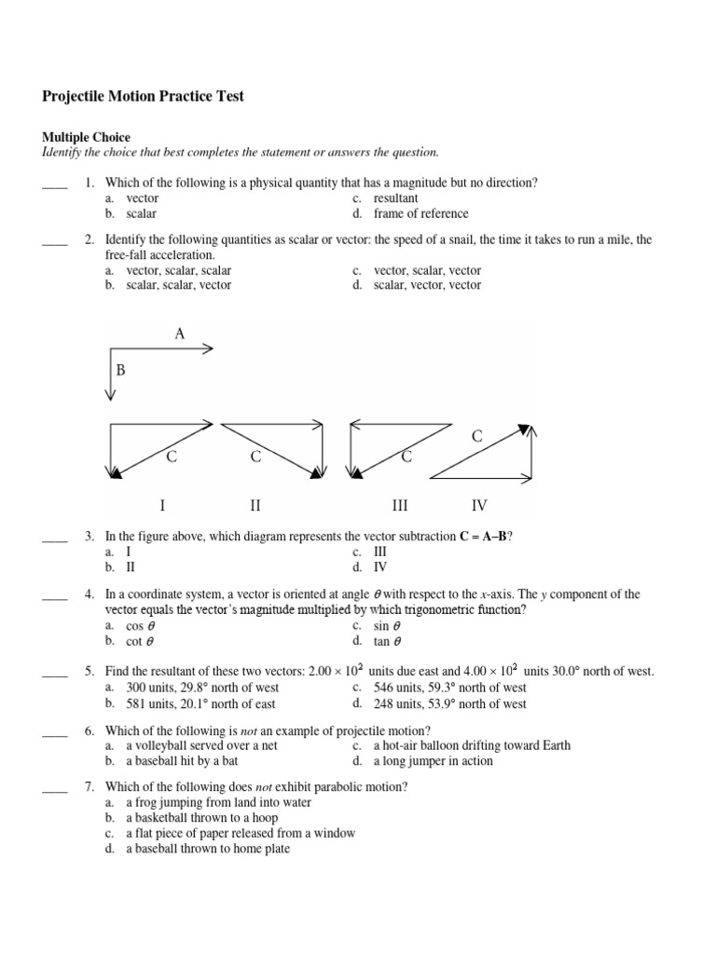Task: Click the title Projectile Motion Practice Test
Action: click(x=144, y=97)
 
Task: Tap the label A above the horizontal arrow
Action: click(x=179, y=334)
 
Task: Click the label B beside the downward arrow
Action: click(x=120, y=371)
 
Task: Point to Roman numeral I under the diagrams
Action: click(x=162, y=506)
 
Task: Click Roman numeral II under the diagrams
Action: click(x=255, y=506)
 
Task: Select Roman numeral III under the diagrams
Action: click(x=400, y=506)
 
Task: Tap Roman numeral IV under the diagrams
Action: click(x=479, y=506)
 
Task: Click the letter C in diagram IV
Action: click(x=477, y=436)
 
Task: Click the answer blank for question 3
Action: click(x=55, y=538)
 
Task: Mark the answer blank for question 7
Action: click(x=55, y=788)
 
